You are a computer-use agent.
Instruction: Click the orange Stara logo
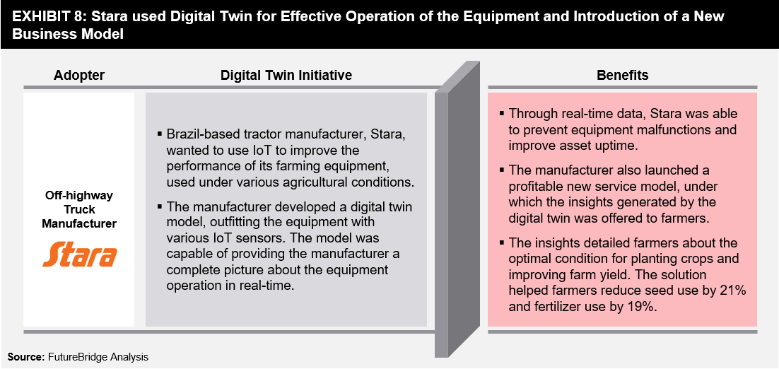click(x=79, y=254)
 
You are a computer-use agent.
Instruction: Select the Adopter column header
click(x=79, y=75)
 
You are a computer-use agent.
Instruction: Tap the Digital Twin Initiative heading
click(x=286, y=75)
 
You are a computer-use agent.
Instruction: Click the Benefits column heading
click(x=622, y=75)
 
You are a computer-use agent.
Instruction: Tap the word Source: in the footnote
click(x=25, y=357)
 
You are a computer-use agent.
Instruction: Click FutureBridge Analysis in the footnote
click(x=98, y=357)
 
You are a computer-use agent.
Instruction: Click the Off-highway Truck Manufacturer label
click(x=79, y=209)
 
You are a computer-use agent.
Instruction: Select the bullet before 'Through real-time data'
click(x=502, y=113)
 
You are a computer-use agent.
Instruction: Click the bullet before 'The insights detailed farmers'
click(x=502, y=242)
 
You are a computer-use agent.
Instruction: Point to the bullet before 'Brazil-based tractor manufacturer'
click(x=160, y=134)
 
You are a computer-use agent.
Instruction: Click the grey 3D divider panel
click(x=457, y=209)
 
